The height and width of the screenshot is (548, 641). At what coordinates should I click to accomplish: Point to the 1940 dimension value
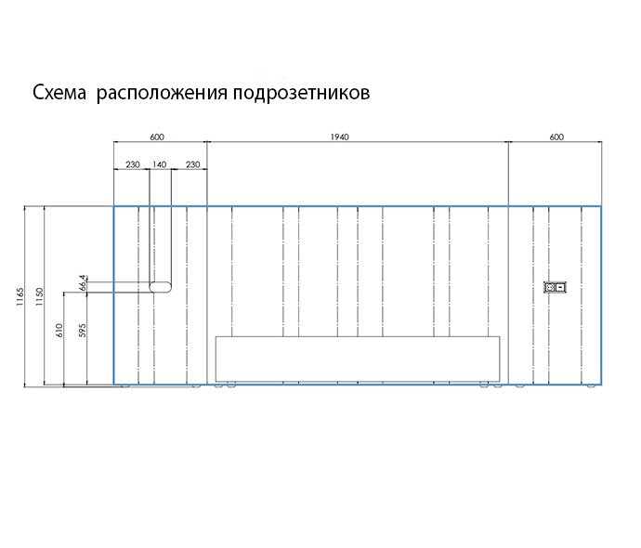[339, 137]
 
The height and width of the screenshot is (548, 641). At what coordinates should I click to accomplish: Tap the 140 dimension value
[160, 164]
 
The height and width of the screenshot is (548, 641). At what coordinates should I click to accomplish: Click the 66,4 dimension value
[83, 283]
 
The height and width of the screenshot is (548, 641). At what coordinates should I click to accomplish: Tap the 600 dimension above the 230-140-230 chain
[157, 137]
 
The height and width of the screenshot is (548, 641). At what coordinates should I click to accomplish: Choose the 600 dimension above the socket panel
[556, 137]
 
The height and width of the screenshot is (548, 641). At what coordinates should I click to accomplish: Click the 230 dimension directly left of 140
[132, 164]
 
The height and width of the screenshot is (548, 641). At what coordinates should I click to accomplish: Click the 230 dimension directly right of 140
[192, 164]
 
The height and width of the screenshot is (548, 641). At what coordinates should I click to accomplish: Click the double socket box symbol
[556, 288]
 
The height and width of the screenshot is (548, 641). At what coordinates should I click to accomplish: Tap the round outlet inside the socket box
[550, 288]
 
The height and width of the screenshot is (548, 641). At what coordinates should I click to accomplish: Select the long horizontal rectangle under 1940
[358, 358]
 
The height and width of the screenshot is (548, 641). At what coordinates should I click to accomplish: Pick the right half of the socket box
[561, 288]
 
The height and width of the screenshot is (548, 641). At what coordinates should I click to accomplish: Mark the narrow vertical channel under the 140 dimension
[161, 241]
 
